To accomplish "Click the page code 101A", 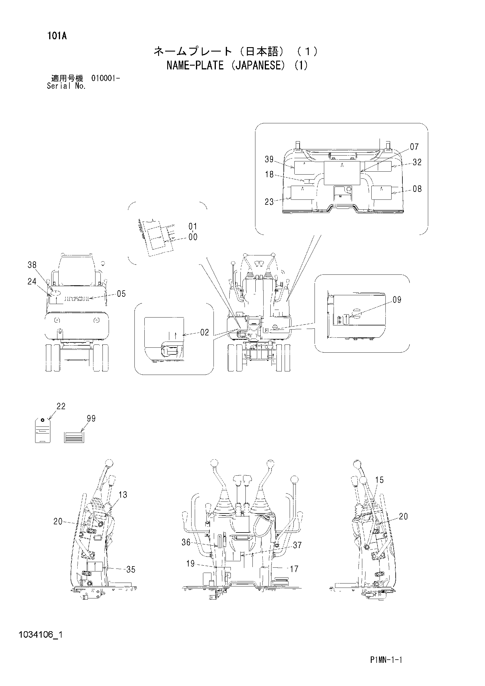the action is click(57, 36).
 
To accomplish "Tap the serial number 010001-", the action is click(106, 79).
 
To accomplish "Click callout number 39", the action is click(269, 160).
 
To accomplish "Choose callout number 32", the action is click(417, 162).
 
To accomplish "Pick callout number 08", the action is click(417, 189).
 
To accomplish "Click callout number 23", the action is click(269, 202).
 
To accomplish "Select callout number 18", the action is click(269, 175).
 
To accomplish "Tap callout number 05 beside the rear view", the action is click(121, 294).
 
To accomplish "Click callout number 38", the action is click(32, 265).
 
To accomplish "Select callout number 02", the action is click(204, 332).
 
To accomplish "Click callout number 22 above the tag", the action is click(61, 406).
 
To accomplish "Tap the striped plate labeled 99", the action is click(74, 437).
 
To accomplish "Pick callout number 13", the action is click(123, 495).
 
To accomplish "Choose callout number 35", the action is click(131, 570).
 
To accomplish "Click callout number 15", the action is click(379, 480).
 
